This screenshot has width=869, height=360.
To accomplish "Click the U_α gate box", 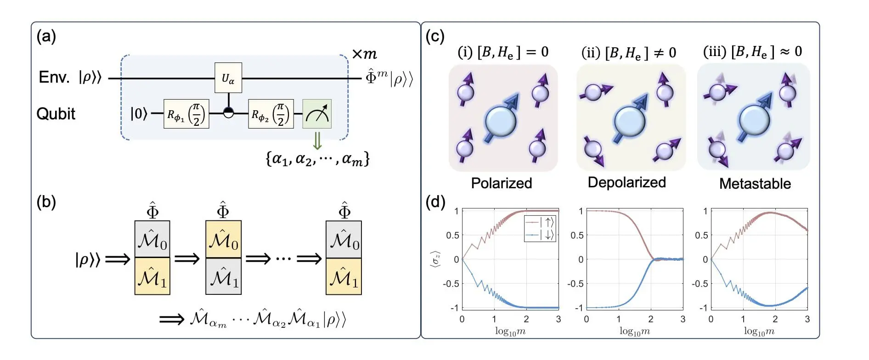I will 228,78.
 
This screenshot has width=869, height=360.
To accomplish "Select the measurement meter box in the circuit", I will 316,113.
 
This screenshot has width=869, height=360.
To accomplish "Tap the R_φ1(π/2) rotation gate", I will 186,114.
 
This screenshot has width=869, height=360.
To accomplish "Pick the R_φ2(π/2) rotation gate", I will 271,114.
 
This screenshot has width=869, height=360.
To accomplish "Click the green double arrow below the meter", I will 317,141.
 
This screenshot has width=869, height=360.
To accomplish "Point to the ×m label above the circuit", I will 364,54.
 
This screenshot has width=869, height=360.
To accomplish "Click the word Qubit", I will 56,114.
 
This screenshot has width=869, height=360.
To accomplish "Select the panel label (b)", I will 46,202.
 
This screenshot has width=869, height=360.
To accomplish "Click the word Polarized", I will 502,183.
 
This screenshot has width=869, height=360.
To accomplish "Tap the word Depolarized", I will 626,182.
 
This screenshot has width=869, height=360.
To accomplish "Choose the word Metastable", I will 755,184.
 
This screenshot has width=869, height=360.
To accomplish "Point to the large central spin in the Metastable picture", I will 754,120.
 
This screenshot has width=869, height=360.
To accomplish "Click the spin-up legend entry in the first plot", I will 540,222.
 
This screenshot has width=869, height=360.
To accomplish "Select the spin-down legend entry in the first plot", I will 540,235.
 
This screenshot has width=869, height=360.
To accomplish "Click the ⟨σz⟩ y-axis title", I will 435,259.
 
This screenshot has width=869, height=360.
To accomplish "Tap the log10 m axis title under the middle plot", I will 634,331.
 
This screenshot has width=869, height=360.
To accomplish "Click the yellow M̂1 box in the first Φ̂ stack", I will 152,276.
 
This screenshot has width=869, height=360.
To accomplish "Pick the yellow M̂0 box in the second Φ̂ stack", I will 223,239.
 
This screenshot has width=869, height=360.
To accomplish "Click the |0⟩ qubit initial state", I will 139,113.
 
